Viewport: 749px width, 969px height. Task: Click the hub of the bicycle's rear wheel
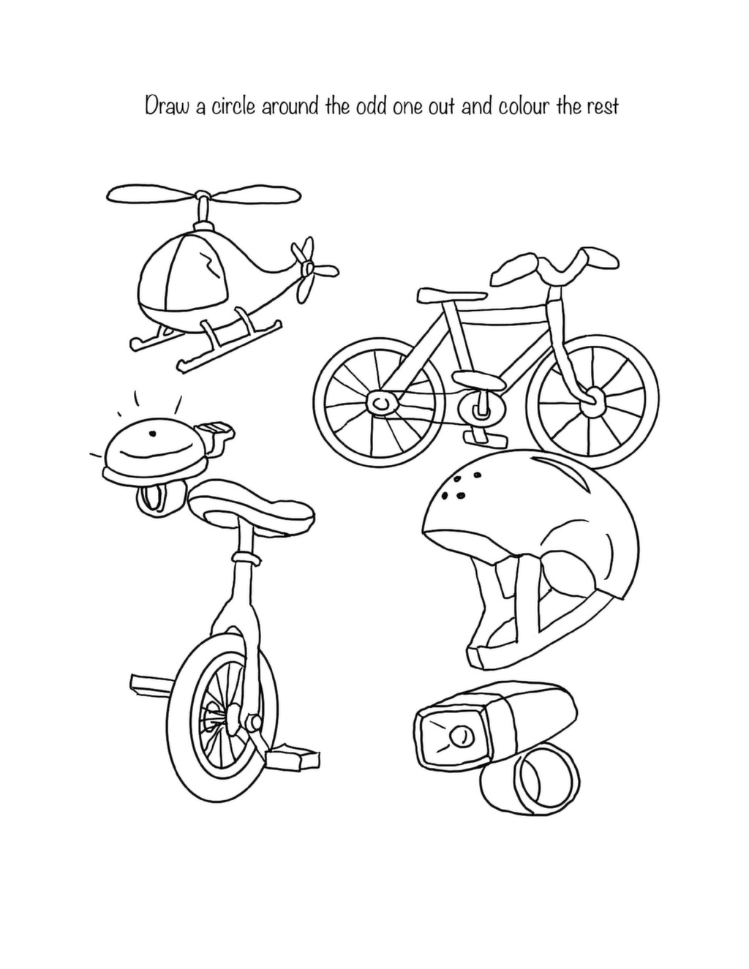381,403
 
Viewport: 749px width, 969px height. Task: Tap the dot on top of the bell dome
152,432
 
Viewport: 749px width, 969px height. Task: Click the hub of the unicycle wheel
233,724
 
